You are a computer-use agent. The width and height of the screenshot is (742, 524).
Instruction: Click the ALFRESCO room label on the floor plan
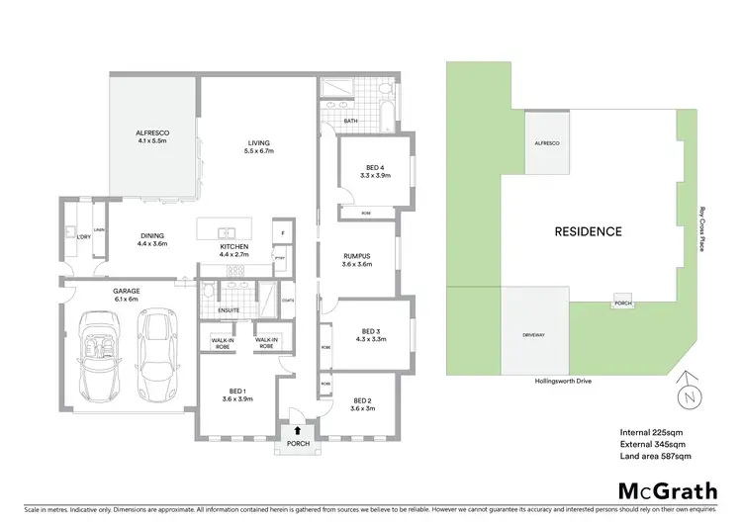(153, 136)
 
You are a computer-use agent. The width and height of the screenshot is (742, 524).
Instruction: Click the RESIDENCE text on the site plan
(588, 232)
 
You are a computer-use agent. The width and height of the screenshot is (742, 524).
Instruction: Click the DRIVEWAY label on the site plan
(534, 335)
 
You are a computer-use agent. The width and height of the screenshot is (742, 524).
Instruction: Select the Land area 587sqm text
(655, 456)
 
